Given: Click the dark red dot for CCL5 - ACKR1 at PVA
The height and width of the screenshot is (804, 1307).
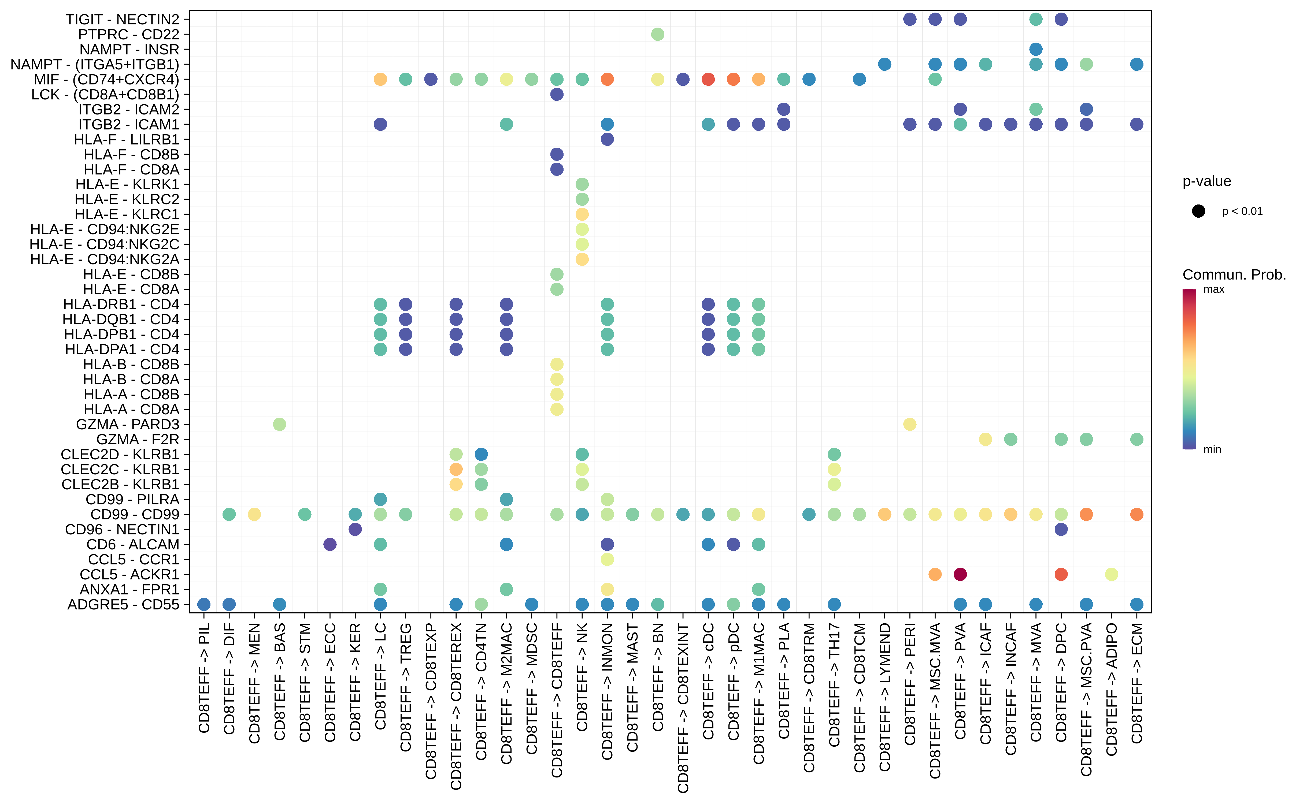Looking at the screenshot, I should pos(960,574).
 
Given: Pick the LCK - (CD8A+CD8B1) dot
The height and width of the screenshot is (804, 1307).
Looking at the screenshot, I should pos(556,94).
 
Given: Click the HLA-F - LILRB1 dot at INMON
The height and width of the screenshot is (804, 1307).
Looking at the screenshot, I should pos(607,139).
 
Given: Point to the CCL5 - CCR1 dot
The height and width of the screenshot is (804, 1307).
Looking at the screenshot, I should pos(607,559).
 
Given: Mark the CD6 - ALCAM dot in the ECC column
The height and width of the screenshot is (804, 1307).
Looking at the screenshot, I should pos(330,545).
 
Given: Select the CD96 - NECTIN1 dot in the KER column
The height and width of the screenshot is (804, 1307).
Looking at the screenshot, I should pos(355,530).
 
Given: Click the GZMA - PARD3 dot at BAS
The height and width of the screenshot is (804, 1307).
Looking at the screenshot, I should pos(279,424).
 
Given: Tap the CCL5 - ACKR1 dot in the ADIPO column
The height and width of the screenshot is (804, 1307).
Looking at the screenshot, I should pos(1111,574).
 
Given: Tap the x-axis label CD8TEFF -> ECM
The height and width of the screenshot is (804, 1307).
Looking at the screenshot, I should pos(1137,683).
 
